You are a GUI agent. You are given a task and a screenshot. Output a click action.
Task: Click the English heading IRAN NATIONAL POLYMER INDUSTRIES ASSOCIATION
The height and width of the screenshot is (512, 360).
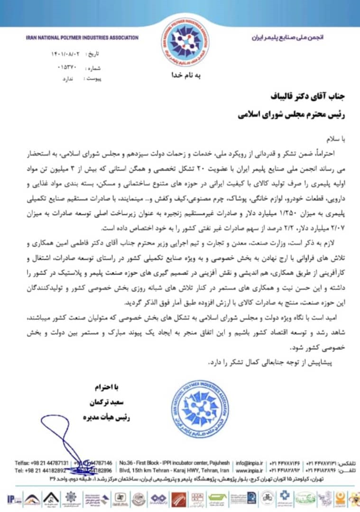82,38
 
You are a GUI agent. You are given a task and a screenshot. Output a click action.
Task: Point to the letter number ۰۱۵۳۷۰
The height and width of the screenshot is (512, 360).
67,67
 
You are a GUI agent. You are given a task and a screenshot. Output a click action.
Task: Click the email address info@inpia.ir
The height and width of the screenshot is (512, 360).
249,462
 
